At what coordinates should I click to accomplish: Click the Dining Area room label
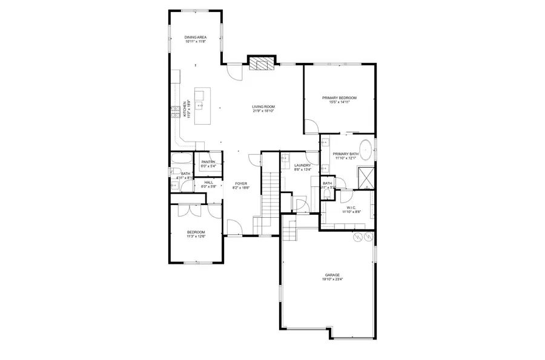(196, 38)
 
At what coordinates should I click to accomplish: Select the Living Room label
(263, 107)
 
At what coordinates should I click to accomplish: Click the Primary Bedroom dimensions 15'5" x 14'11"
(339, 102)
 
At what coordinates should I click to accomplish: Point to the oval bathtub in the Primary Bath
(365, 148)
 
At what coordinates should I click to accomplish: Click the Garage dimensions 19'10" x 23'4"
(331, 280)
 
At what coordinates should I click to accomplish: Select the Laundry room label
(302, 165)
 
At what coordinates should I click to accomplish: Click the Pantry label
(208, 162)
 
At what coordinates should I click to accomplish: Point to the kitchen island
(203, 106)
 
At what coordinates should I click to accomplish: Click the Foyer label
(241, 183)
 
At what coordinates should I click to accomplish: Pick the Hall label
(208, 182)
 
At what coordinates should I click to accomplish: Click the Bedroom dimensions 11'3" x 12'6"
(196, 237)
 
